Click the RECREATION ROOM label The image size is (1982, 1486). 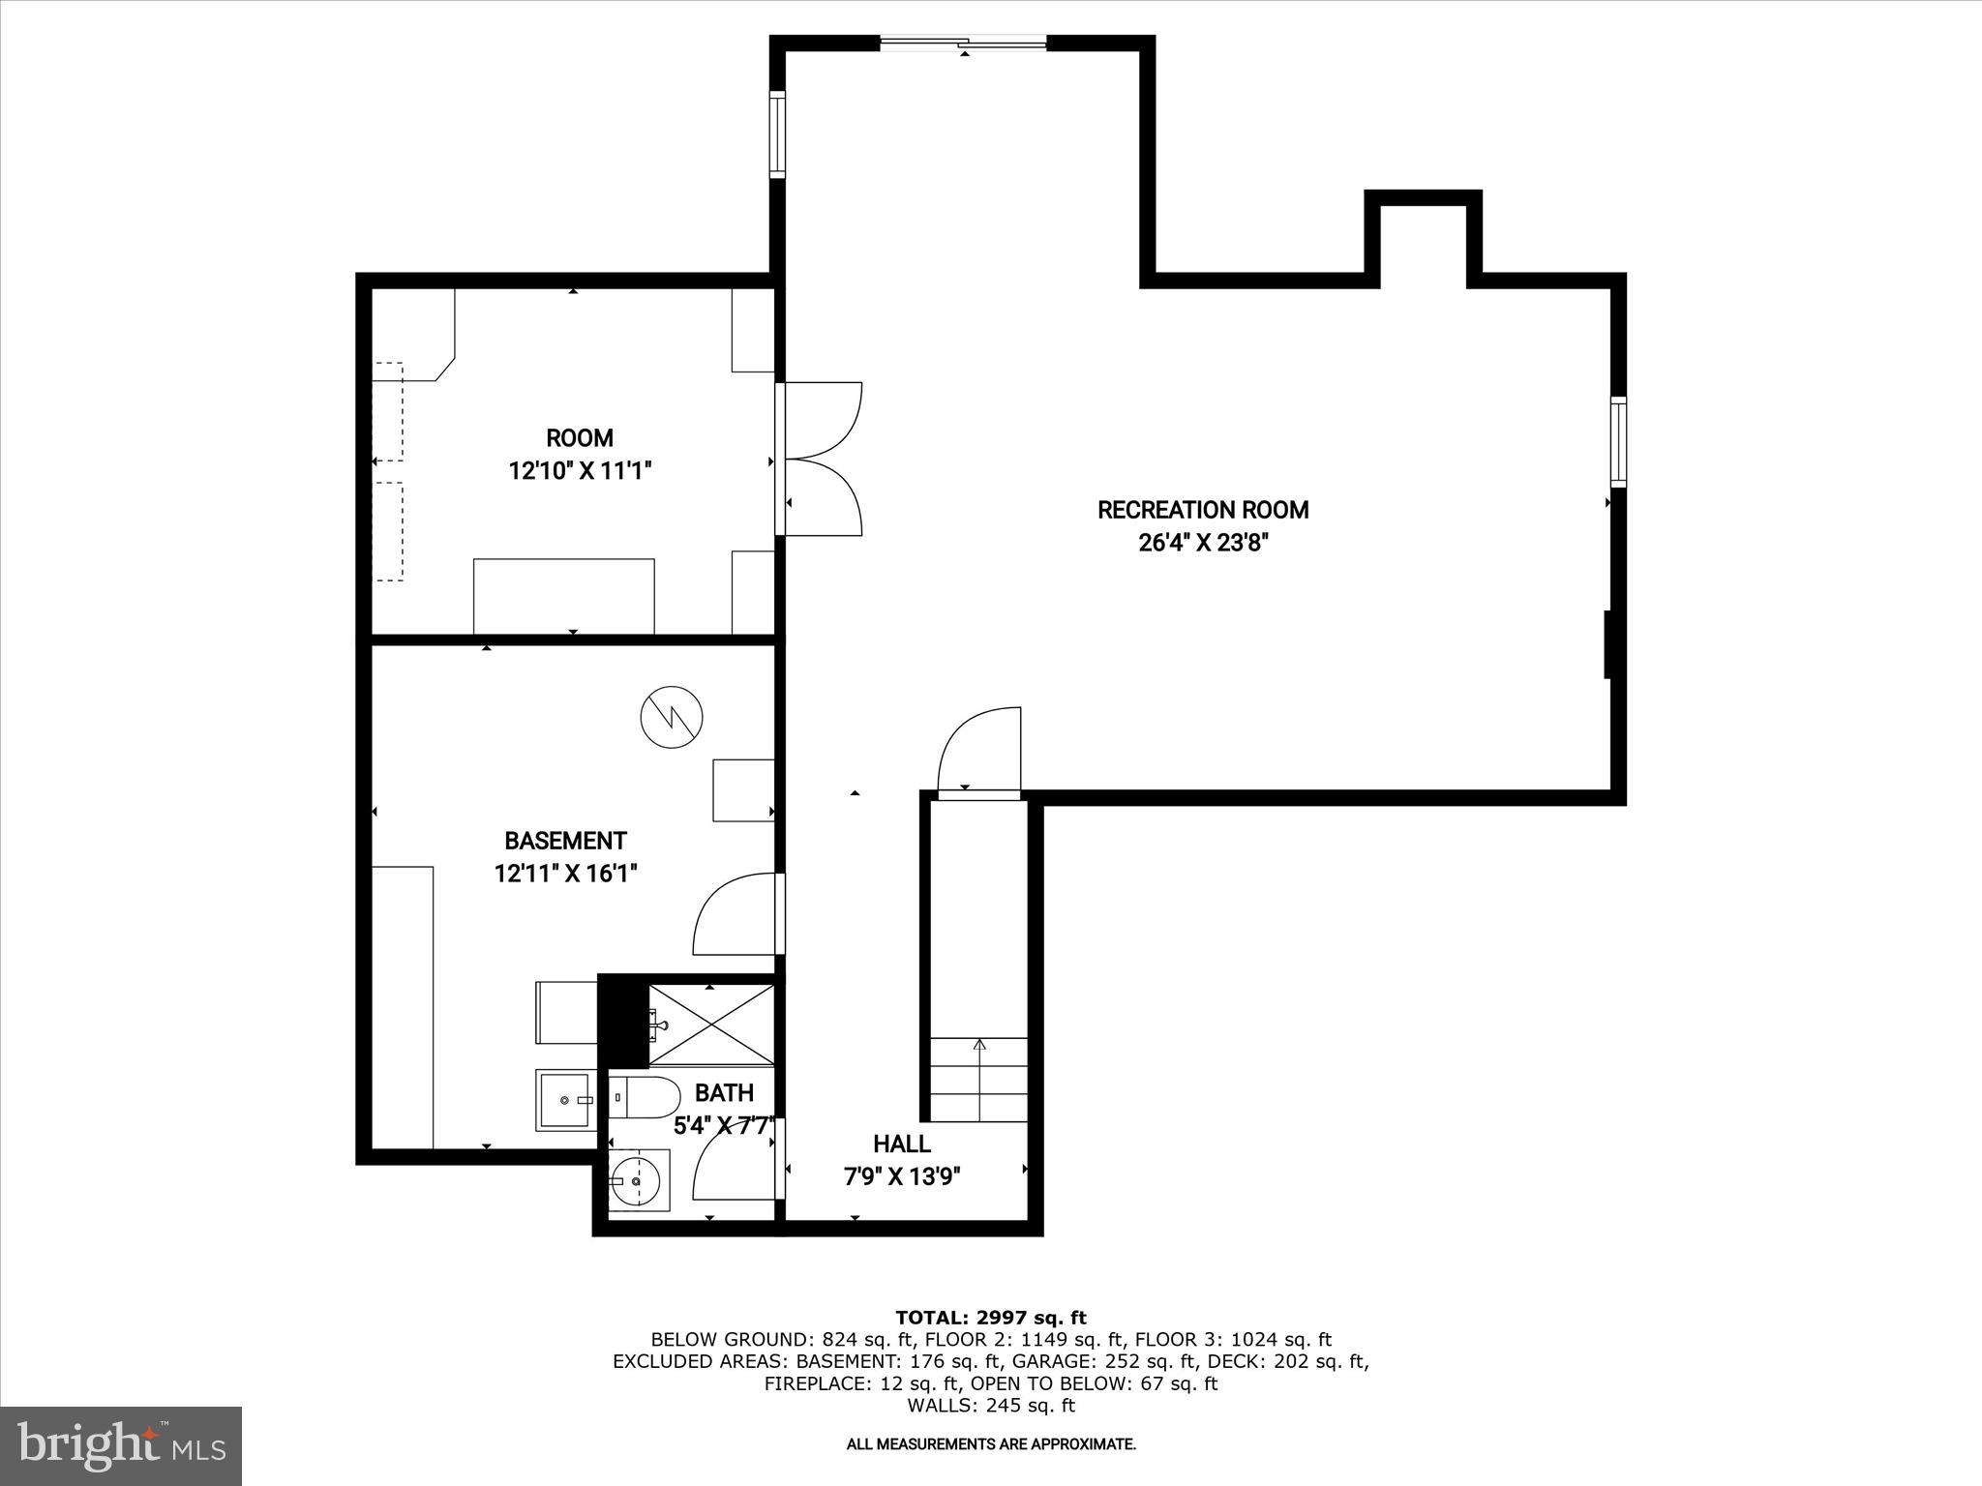point(1202,510)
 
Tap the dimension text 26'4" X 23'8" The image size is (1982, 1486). point(1202,543)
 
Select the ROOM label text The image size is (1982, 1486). point(579,438)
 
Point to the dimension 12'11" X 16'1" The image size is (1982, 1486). point(565,874)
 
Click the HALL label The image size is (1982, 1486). point(901,1144)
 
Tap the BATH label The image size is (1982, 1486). point(724,1093)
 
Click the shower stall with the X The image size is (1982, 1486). point(711,1025)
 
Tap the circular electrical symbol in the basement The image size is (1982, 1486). point(671,717)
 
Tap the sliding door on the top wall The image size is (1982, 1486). point(963,43)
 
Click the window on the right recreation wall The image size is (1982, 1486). point(1617,441)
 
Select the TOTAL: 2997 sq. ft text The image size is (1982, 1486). point(990,1318)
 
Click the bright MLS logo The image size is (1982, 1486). point(121,1446)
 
